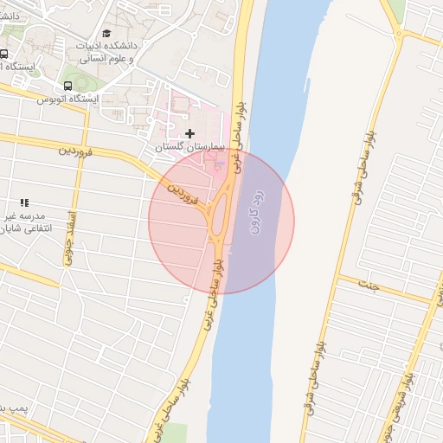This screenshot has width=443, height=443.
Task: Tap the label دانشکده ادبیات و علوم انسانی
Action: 110,52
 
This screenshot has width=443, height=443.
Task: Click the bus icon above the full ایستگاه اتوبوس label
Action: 67,86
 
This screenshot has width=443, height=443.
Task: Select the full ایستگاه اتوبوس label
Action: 67,100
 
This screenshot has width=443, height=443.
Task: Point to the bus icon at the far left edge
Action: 3,54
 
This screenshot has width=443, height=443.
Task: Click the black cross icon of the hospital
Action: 190,132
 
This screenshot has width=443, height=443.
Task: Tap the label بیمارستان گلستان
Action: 189,148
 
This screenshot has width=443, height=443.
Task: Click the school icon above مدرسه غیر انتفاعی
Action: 24,202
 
